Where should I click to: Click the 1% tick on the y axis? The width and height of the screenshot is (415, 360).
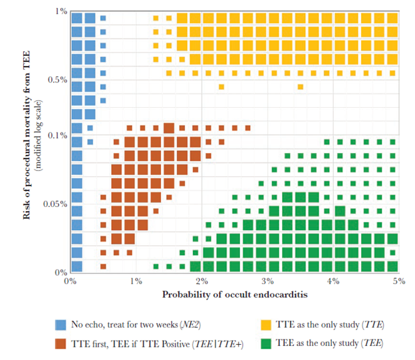point(59,12)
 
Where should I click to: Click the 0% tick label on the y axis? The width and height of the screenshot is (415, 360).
point(60,272)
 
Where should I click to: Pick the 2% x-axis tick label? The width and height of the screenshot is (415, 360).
point(201,281)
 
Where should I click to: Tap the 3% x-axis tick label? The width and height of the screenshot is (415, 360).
point(267,281)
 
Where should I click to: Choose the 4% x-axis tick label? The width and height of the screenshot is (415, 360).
point(333,281)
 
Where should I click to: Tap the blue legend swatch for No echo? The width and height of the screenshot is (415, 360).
point(61,325)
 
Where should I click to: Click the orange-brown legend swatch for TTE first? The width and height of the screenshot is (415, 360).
point(61,344)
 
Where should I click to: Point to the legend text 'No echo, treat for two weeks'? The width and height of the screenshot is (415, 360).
point(132,325)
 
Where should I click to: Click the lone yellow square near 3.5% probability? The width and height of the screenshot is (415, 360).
point(301,87)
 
